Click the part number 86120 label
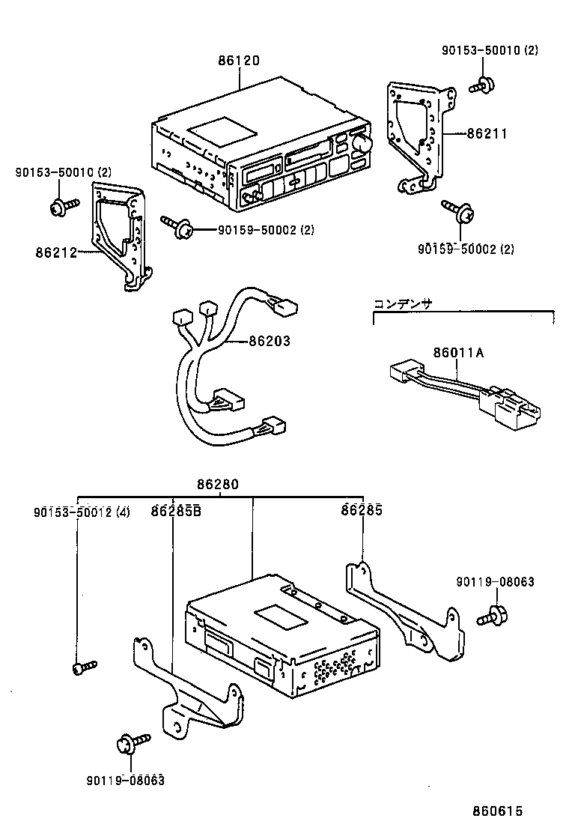click(x=239, y=61)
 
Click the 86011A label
click(x=458, y=353)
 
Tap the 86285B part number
click(x=175, y=512)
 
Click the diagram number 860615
click(x=496, y=811)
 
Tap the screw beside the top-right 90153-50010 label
click(x=481, y=84)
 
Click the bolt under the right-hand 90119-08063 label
click(x=492, y=616)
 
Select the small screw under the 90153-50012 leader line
click(x=83, y=666)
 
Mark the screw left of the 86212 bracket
click(x=63, y=206)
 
